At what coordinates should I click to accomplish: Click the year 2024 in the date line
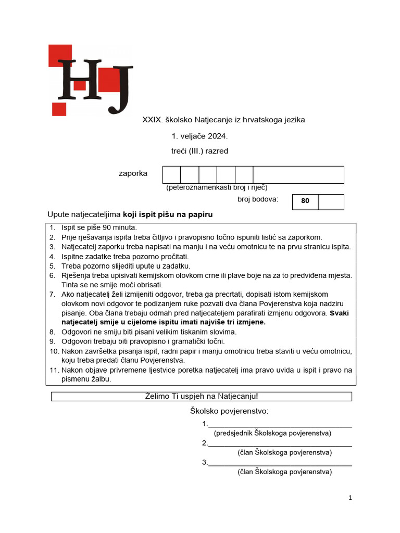click(217, 136)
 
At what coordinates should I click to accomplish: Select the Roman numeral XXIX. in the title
click(153, 120)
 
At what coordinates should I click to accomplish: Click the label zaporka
click(133, 173)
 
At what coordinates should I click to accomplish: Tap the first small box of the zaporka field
click(171, 175)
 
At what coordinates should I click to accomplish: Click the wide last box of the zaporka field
click(298, 175)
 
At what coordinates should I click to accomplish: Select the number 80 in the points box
click(305, 201)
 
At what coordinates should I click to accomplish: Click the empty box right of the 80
click(331, 202)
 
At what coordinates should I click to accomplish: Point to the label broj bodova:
click(258, 199)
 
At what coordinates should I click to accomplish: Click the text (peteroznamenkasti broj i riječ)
click(217, 187)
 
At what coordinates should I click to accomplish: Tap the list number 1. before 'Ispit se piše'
click(52, 227)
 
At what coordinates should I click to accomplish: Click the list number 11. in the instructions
click(54, 370)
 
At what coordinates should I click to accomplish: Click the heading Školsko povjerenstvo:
click(229, 412)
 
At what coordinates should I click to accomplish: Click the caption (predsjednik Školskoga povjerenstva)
click(272, 433)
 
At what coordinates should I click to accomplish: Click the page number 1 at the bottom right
click(351, 498)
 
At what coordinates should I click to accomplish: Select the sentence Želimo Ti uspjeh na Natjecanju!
click(201, 396)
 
